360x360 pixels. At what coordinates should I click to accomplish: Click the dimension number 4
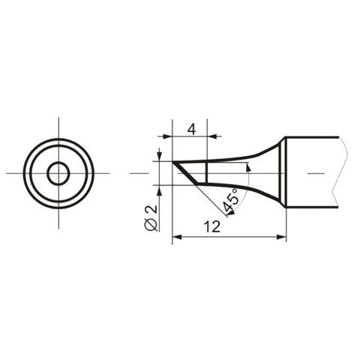click(192, 128)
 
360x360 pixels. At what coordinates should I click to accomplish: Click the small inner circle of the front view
click(57, 173)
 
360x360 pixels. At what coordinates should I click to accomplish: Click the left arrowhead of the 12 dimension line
click(177, 238)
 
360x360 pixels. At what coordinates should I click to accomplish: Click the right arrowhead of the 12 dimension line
click(281, 238)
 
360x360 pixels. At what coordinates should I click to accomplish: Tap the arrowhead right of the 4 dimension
click(213, 137)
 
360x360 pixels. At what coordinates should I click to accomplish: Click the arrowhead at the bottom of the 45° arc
click(226, 214)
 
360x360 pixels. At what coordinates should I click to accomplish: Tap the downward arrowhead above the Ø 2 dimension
click(160, 157)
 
